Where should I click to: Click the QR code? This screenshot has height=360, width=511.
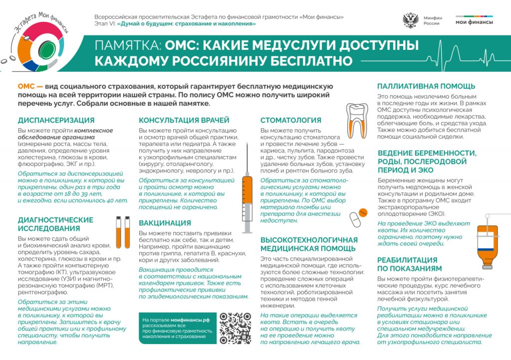(x=235, y=328)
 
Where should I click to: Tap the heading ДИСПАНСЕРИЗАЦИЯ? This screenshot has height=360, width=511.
(x=56, y=120)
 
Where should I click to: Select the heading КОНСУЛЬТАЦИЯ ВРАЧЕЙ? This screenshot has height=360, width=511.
(x=184, y=120)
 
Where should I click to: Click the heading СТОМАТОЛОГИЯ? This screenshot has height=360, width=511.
(x=290, y=120)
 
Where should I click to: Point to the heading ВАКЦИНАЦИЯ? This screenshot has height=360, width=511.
(x=165, y=222)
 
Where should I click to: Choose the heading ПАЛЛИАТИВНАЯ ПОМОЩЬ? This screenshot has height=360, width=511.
(x=426, y=86)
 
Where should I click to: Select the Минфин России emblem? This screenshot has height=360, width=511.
(x=410, y=20)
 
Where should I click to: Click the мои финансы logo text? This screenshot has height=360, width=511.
(x=474, y=22)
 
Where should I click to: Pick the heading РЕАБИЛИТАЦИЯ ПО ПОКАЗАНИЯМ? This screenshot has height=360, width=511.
(x=407, y=264)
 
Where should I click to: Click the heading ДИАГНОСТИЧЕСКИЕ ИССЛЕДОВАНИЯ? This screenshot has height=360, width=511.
(x=55, y=224)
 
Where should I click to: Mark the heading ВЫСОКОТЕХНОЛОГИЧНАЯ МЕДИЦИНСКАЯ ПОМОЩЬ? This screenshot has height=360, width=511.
(x=309, y=244)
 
